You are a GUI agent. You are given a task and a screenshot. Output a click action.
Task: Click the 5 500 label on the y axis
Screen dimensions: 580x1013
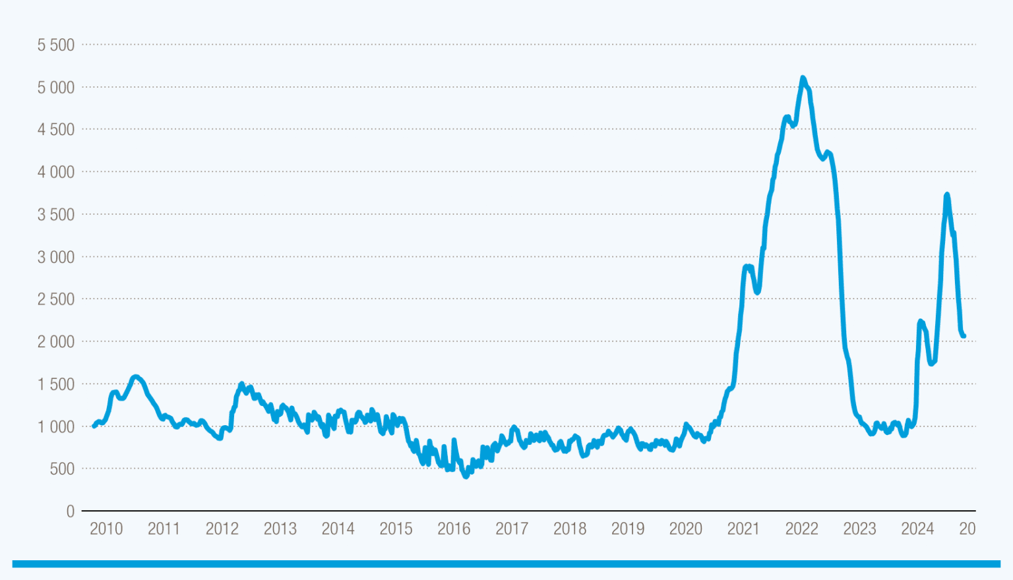point(56,45)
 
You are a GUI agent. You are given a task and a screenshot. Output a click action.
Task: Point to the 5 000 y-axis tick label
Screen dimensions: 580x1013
point(56,88)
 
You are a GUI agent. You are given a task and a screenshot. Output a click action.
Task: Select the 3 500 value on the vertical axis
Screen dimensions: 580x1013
point(56,215)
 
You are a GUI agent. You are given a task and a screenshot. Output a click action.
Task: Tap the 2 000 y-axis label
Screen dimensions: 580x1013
point(56,342)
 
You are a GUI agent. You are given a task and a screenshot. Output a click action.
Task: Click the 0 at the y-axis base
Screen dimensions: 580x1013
point(71,511)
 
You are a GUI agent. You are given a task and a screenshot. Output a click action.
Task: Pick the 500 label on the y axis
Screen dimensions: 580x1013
point(63,469)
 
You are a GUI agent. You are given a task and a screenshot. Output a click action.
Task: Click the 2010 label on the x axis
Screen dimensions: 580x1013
point(106,529)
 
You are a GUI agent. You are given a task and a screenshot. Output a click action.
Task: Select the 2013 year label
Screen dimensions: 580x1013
point(280,529)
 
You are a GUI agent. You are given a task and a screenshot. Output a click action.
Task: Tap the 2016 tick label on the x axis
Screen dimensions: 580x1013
point(454,529)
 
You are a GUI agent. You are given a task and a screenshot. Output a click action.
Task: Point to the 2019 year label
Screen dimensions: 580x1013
point(628,529)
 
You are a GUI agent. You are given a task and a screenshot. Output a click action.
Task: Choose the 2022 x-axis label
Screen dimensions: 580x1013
point(801,529)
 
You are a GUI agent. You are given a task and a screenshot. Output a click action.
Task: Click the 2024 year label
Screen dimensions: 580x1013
point(917,529)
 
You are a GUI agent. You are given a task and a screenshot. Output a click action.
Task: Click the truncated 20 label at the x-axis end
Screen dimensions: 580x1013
point(967,529)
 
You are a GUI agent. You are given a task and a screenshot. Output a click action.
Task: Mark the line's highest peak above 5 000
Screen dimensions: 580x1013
point(803,78)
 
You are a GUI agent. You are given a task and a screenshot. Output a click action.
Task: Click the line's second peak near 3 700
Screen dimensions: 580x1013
point(947,194)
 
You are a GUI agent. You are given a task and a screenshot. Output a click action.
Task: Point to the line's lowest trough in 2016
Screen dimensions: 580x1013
point(466,476)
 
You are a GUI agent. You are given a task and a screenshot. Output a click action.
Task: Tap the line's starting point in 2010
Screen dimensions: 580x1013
point(94,426)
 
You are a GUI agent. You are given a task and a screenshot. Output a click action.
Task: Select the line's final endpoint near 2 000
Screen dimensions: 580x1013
point(964,336)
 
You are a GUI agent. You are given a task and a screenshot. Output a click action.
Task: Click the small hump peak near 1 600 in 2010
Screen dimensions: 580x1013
point(135,376)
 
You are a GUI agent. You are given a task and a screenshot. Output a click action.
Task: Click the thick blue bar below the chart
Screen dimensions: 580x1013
point(506,564)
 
